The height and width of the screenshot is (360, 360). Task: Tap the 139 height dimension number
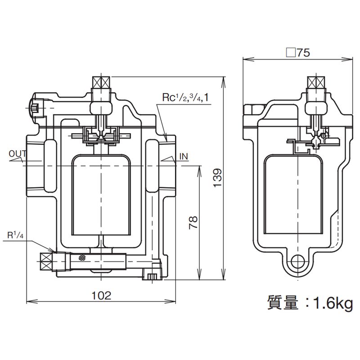click(217, 178)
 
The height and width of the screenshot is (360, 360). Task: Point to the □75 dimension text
click(298, 52)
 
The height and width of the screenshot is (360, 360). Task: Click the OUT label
click(18, 154)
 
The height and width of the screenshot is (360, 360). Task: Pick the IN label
click(184, 156)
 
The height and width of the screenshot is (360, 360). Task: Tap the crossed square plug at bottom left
click(45, 260)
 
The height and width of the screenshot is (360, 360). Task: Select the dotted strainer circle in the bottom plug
click(81, 258)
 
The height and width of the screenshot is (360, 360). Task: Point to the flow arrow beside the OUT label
click(18, 159)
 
